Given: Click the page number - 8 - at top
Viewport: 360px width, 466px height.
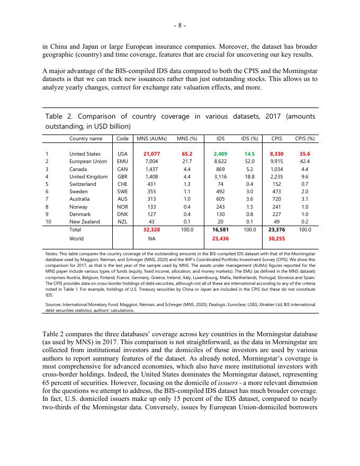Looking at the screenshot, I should [x=180, y=25].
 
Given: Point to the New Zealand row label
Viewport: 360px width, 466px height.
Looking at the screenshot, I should [x=85, y=221].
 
